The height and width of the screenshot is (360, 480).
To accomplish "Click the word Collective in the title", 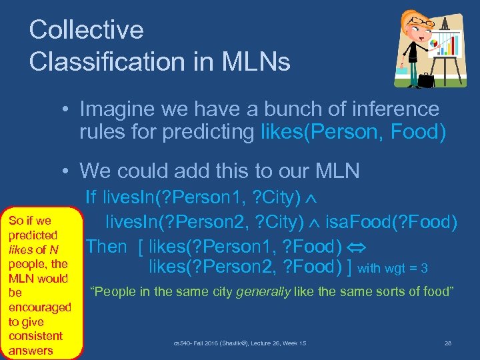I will tap(87, 29).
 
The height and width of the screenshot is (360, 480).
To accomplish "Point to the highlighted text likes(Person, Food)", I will tap(351, 132).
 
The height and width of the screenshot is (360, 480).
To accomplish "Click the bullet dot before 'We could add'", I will tap(68, 171).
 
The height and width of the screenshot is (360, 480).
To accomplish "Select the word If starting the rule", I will tap(92, 196).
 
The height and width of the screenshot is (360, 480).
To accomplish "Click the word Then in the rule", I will tap(107, 246).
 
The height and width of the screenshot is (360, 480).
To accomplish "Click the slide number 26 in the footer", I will tap(447, 343).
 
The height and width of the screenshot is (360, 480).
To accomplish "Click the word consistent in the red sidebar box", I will tap(35, 336).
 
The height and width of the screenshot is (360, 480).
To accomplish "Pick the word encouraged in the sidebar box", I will tap(39, 307).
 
